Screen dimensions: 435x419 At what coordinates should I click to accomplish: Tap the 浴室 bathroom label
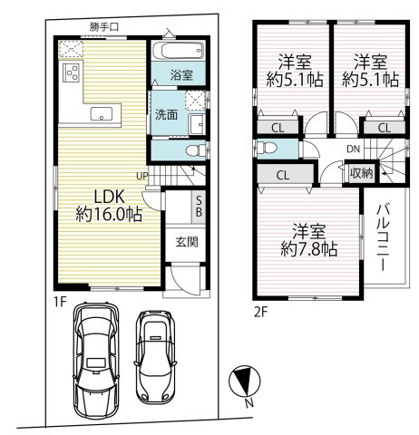click(x=180, y=75)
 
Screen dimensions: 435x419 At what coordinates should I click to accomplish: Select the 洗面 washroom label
click(x=165, y=115)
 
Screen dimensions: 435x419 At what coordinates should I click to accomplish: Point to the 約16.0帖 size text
click(x=109, y=216)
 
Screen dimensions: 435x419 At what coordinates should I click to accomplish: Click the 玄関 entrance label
click(x=187, y=242)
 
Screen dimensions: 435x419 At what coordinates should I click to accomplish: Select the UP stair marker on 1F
click(x=142, y=175)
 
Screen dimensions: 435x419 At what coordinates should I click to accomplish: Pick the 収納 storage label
click(x=360, y=172)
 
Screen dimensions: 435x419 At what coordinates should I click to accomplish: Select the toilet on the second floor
click(x=265, y=148)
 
